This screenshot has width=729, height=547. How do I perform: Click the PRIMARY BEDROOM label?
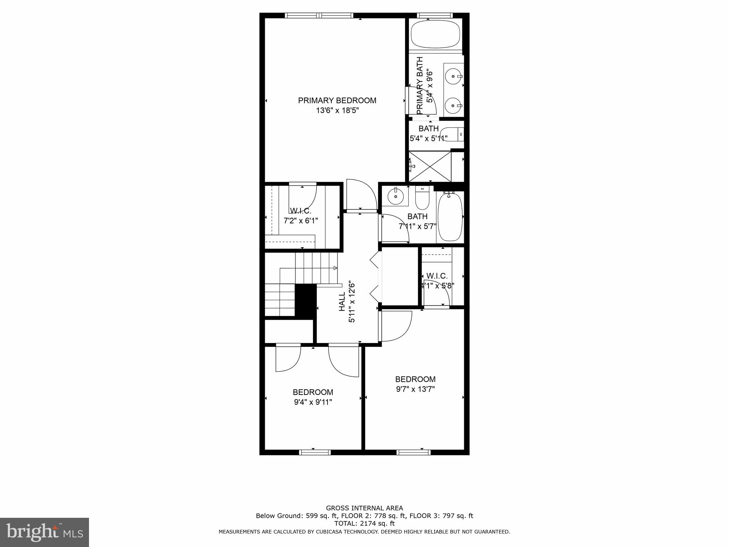[x=337, y=100]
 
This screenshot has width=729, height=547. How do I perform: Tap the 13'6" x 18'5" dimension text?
[x=337, y=111]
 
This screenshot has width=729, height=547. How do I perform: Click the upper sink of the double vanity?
[x=453, y=76]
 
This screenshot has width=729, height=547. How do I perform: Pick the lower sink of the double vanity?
[x=453, y=106]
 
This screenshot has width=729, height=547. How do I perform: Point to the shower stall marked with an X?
[x=430, y=167]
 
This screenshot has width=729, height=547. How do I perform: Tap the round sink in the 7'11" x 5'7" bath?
[x=395, y=196]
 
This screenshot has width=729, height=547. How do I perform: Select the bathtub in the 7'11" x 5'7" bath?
[x=450, y=218]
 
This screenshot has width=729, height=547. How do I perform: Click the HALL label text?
[x=342, y=302]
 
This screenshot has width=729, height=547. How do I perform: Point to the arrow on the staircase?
[x=335, y=268]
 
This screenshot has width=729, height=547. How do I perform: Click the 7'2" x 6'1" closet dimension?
[x=301, y=221]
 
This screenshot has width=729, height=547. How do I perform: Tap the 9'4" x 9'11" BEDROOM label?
[x=313, y=392]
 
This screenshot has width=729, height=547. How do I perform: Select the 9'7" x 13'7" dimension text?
[x=415, y=389]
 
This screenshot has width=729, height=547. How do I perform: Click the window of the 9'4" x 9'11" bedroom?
[x=315, y=452]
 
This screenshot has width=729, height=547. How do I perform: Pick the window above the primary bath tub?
[x=435, y=15]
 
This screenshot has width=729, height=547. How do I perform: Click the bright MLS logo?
[x=44, y=532]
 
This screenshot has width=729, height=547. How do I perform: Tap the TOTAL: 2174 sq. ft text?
[x=364, y=523]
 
